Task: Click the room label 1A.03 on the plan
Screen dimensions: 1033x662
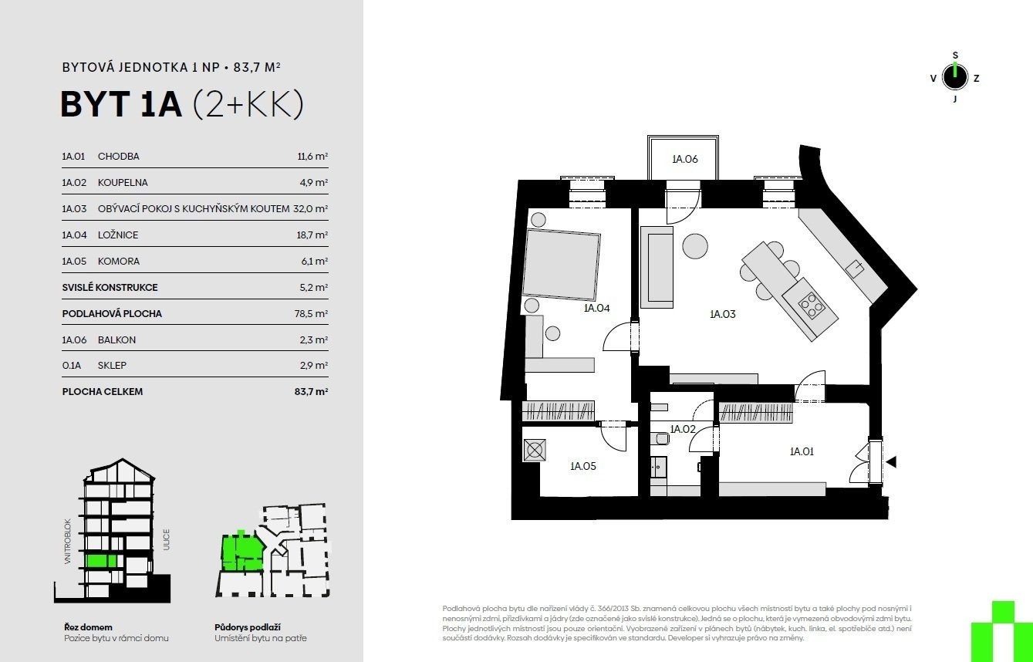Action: pos(723,314)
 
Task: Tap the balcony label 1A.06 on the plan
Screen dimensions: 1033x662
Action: pos(685,159)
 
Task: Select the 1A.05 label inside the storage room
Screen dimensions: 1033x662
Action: pos(583,466)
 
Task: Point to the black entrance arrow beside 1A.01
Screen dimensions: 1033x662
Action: pos(891,461)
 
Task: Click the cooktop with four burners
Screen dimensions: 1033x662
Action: pos(811,305)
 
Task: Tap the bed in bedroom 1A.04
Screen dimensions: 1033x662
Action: pos(561,265)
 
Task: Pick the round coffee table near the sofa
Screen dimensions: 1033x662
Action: pos(695,246)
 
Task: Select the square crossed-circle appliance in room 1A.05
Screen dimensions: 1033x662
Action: pos(535,451)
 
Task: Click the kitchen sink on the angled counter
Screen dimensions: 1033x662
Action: pos(856,268)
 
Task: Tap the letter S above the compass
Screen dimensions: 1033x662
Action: pos(955,56)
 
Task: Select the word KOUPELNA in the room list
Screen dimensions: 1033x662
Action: pos(123,183)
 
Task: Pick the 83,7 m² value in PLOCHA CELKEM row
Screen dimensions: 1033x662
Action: pos(311,392)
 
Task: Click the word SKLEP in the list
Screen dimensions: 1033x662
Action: pos(112,366)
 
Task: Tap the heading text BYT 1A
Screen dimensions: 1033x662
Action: pos(121,105)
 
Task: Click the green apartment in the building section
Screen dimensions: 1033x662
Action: pos(102,561)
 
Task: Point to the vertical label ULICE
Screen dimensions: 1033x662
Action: pos(167,539)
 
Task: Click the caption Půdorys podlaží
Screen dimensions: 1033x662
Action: pos(248,627)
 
